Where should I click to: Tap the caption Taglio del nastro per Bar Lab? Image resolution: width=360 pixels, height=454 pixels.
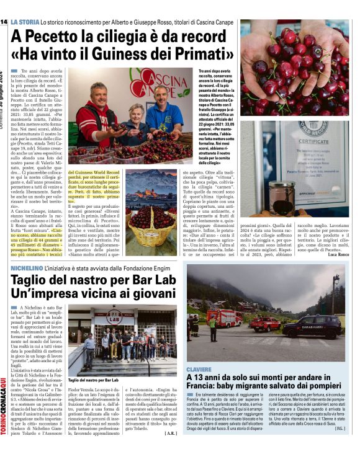click(93, 379)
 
